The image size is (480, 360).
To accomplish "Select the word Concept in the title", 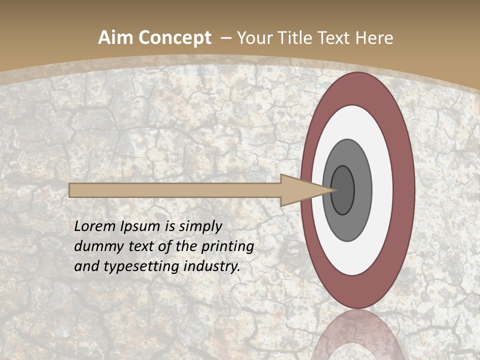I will [174, 38].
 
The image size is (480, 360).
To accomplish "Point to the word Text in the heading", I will [336, 38].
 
